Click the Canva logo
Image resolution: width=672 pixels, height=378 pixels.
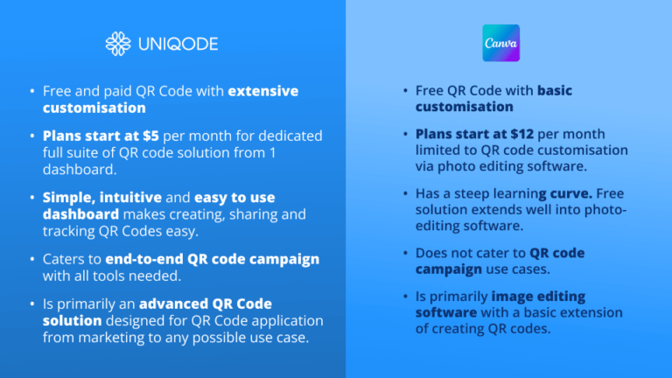click(x=501, y=43)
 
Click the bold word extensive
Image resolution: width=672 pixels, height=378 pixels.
click(x=263, y=91)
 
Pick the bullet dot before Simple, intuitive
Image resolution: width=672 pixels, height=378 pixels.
click(x=31, y=199)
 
